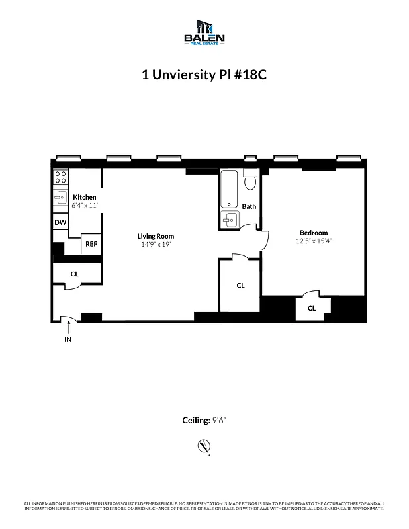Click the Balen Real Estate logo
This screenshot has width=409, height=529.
pyautogui.click(x=204, y=32)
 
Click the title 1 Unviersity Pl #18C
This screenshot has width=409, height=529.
pyautogui.click(x=204, y=75)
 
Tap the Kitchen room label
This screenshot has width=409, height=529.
pyautogui.click(x=85, y=197)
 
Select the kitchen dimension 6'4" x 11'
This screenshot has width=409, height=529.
pyautogui.click(x=85, y=206)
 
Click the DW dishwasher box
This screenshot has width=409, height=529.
pyautogui.click(x=60, y=223)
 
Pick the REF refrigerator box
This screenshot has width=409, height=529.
pyautogui.click(x=91, y=244)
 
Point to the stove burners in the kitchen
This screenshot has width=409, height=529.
pyautogui.click(x=60, y=177)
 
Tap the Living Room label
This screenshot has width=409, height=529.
pyautogui.click(x=156, y=236)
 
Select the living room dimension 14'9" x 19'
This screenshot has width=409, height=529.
pyautogui.click(x=156, y=245)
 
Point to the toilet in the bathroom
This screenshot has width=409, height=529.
pyautogui.click(x=250, y=181)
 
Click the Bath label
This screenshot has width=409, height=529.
pyautogui.click(x=249, y=206)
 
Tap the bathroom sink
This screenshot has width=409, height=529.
pyautogui.click(x=230, y=220)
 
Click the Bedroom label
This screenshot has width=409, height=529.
pyautogui.click(x=314, y=233)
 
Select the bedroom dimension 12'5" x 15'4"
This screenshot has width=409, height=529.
pyautogui.click(x=314, y=241)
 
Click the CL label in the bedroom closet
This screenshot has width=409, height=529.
pyautogui.click(x=311, y=308)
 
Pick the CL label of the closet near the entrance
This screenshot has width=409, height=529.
pyautogui.click(x=75, y=274)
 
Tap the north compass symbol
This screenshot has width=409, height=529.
pyautogui.click(x=204, y=448)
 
